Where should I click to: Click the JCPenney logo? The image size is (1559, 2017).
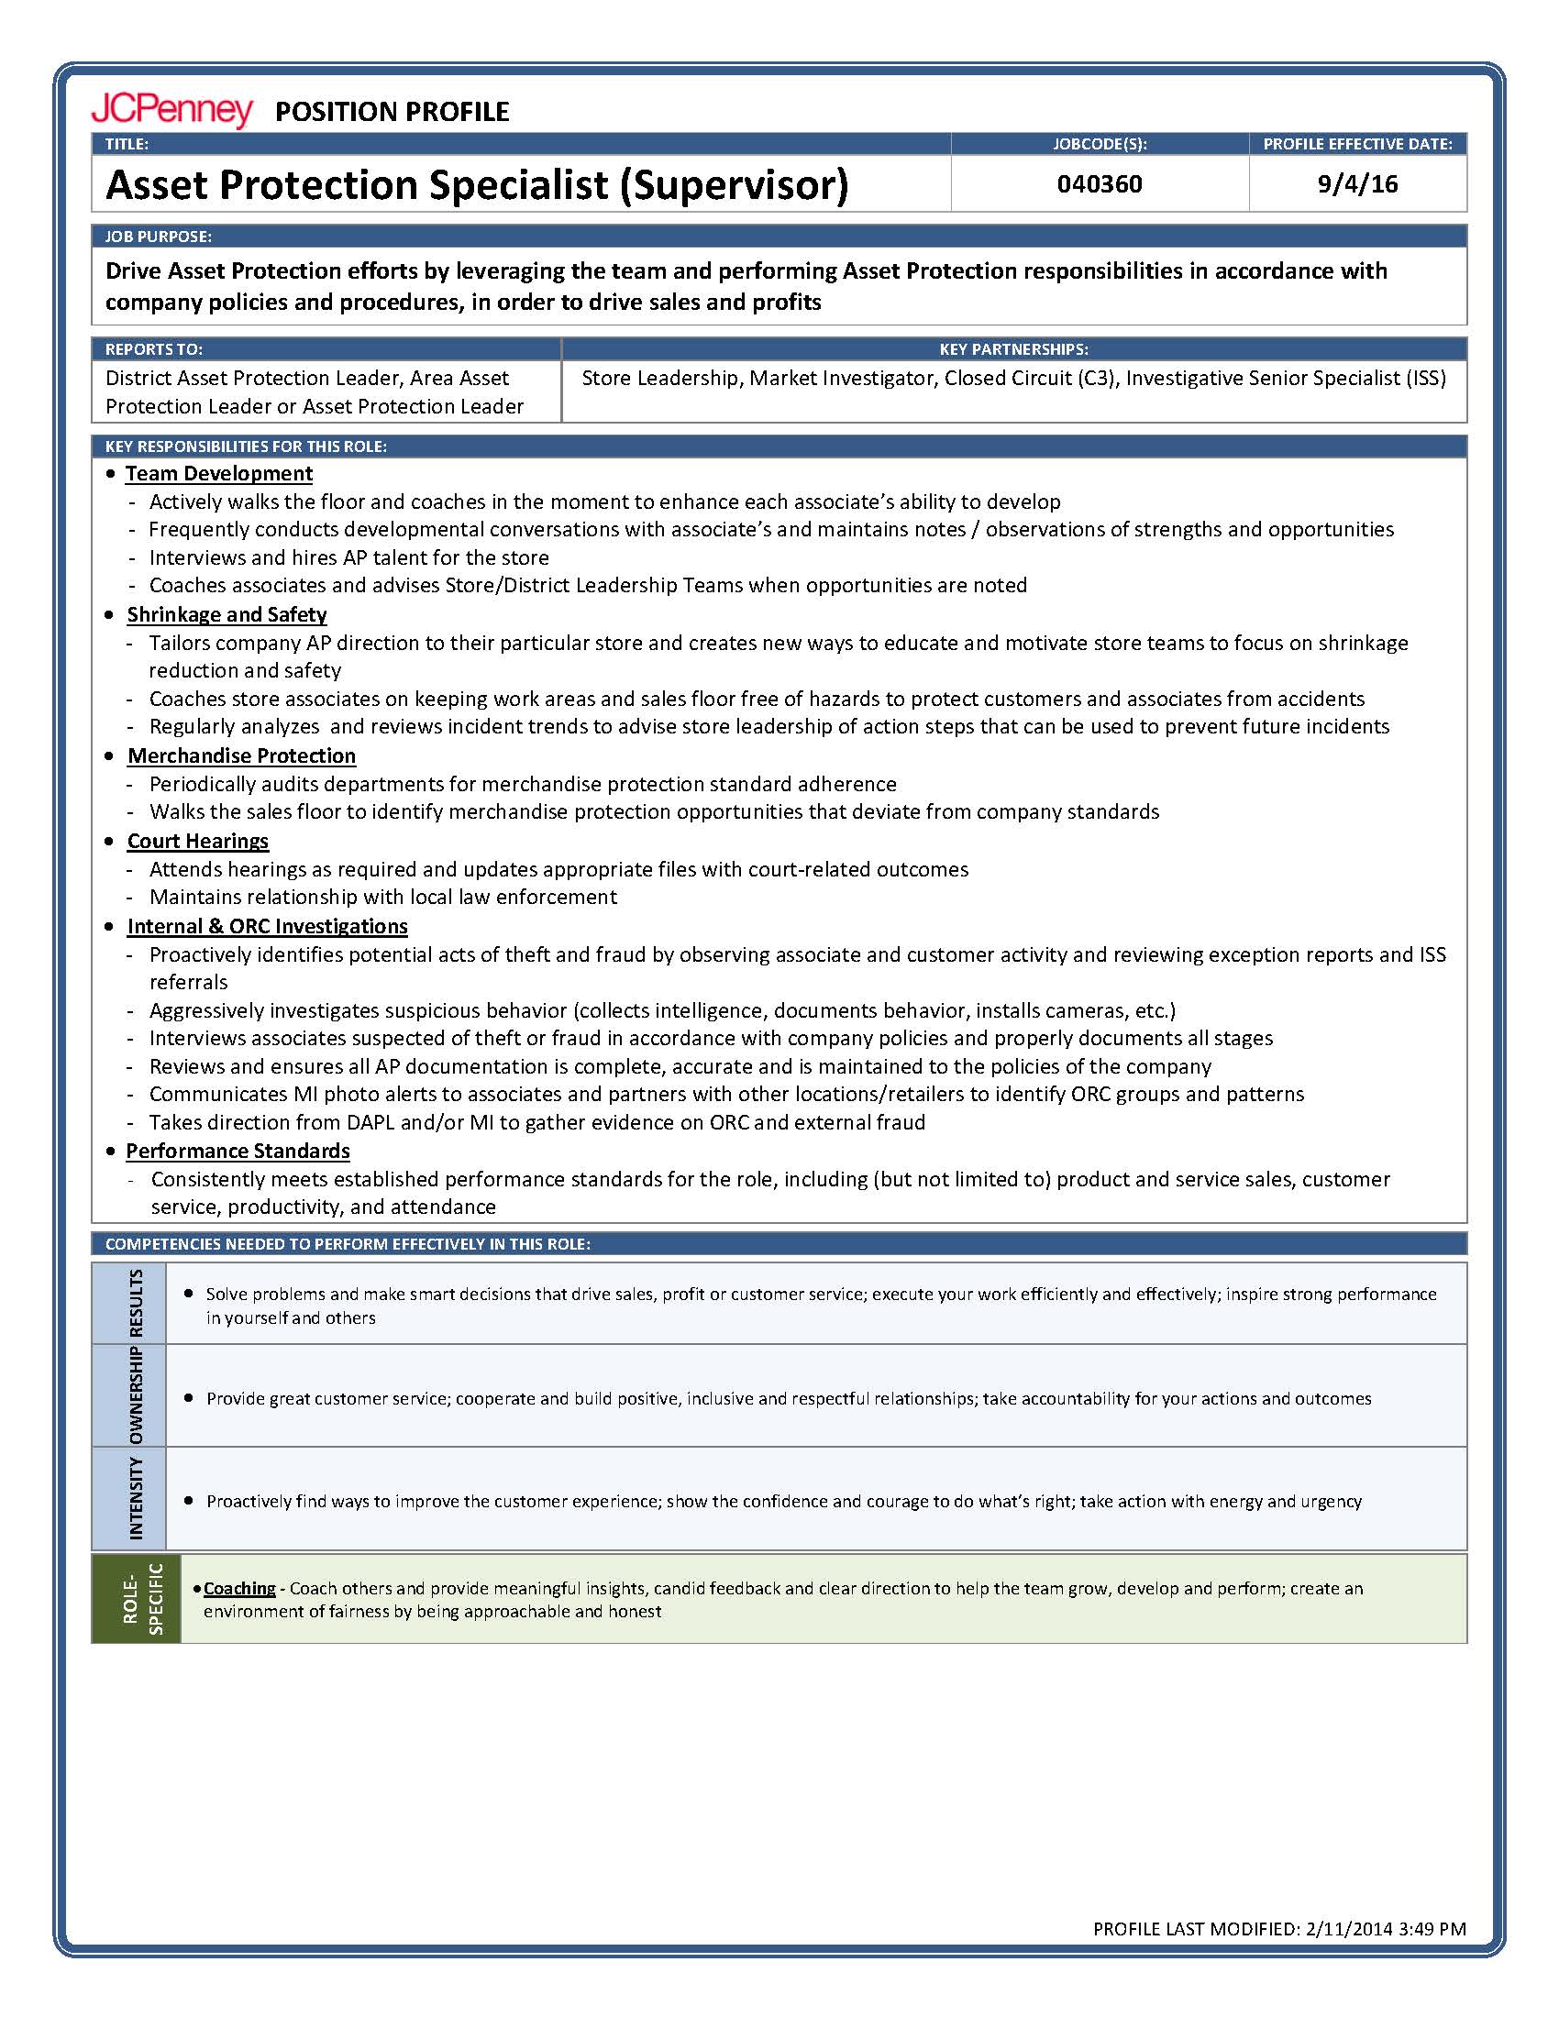(171, 110)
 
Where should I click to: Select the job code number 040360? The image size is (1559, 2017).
(1099, 183)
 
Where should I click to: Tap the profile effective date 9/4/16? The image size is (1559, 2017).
(1356, 183)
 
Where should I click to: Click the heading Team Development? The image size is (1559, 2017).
(219, 474)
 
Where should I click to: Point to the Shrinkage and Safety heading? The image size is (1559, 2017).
(227, 615)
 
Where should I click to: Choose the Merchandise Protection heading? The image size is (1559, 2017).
(241, 756)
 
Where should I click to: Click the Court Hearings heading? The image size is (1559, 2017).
(198, 842)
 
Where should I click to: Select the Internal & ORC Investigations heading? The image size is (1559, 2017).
(267, 926)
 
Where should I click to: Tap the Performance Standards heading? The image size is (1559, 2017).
(238, 1152)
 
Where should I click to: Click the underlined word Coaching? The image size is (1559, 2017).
(239, 1589)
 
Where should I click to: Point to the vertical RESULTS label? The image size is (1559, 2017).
(137, 1303)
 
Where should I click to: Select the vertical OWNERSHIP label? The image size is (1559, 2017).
(137, 1395)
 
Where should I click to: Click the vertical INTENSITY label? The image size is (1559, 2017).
(137, 1498)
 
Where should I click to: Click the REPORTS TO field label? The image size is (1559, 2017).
(153, 349)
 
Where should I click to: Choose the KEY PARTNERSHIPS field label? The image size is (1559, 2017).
(1013, 349)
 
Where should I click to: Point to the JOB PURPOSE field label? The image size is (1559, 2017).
(158, 237)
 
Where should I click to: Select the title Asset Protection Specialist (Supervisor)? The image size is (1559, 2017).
(477, 184)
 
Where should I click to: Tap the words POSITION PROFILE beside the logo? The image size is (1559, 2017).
(392, 112)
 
